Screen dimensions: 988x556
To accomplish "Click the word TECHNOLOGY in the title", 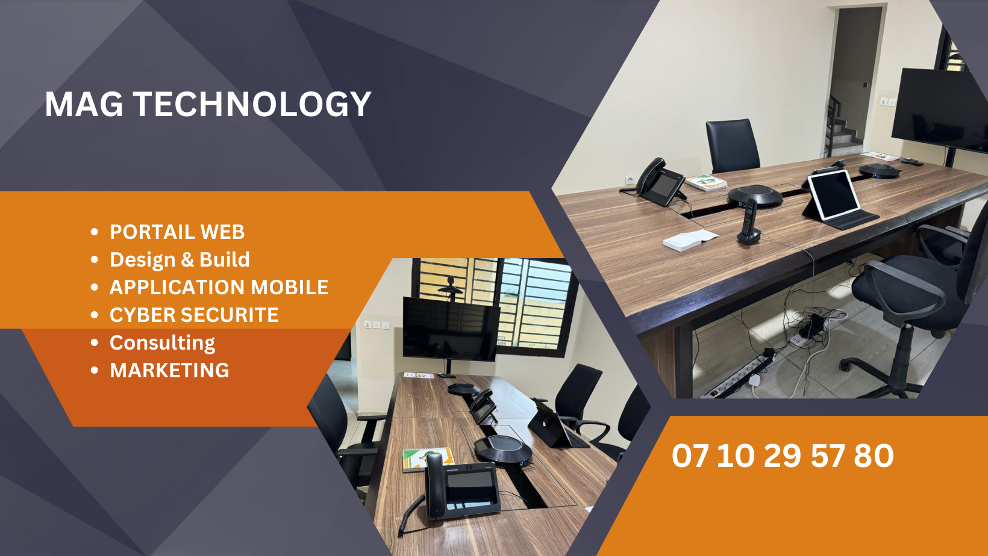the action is click(x=252, y=104).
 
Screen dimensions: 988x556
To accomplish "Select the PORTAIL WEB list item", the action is click(x=177, y=232).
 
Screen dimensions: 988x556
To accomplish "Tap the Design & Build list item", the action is click(x=180, y=259).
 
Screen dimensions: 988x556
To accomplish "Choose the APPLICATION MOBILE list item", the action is click(x=219, y=287).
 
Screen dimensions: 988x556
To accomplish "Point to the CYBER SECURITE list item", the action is click(x=194, y=315).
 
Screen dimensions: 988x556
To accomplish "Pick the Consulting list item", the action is click(x=162, y=343).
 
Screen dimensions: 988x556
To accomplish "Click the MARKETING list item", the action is click(x=169, y=370).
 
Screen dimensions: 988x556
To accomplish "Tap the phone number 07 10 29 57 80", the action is click(x=783, y=456).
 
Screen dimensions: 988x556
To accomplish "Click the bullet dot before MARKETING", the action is click(x=94, y=371).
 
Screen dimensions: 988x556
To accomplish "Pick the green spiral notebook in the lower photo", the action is click(x=427, y=459).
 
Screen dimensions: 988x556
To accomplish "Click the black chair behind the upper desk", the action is click(x=732, y=146).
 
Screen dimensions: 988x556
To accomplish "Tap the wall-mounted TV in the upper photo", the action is click(x=940, y=110).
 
